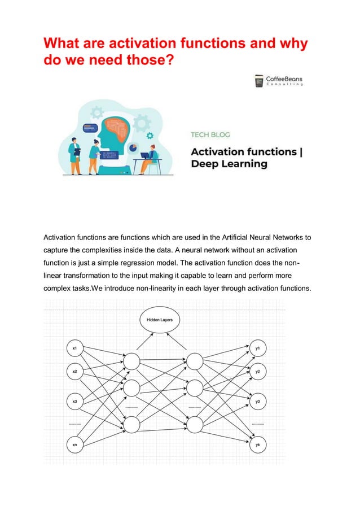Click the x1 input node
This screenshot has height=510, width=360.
point(75,348)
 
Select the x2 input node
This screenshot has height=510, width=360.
point(75,372)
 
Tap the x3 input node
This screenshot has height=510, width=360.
point(75,401)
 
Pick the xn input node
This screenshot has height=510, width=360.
point(75,444)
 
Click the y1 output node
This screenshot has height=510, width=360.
point(257,348)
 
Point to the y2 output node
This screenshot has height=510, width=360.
point(257,372)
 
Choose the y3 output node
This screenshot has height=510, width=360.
point(257,401)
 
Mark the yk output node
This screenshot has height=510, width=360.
point(257,444)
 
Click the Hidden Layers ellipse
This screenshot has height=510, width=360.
point(160,320)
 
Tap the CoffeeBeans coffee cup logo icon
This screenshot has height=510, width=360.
point(259,81)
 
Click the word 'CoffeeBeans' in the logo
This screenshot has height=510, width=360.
point(287,79)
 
